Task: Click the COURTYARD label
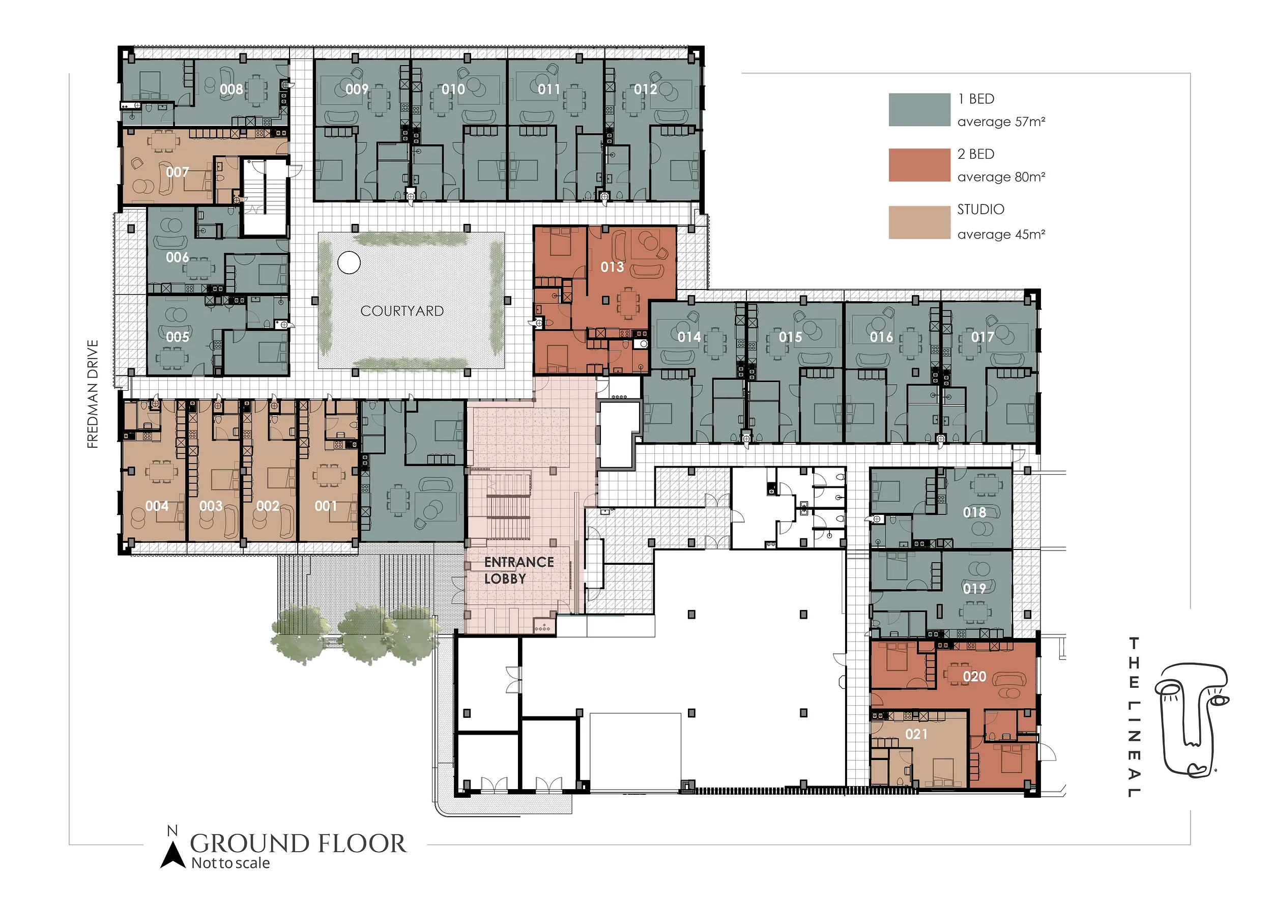pos(402,311)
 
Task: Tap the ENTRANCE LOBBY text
pos(518,570)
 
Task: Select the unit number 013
pos(612,267)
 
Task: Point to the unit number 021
pos(916,734)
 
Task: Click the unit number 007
pos(177,172)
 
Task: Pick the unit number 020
pos(974,676)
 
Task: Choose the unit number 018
pos(974,512)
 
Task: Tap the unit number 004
pos(157,506)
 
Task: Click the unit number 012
pos(646,89)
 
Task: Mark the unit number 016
pos(881,337)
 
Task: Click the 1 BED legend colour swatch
pos(919,110)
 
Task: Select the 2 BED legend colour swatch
pos(919,165)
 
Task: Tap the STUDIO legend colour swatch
pos(919,223)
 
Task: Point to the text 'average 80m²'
pos(1001,177)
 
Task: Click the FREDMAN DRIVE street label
pos(93,394)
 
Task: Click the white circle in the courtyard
pos(349,263)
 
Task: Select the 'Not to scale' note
pos(230,863)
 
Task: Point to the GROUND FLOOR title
pos(298,844)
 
